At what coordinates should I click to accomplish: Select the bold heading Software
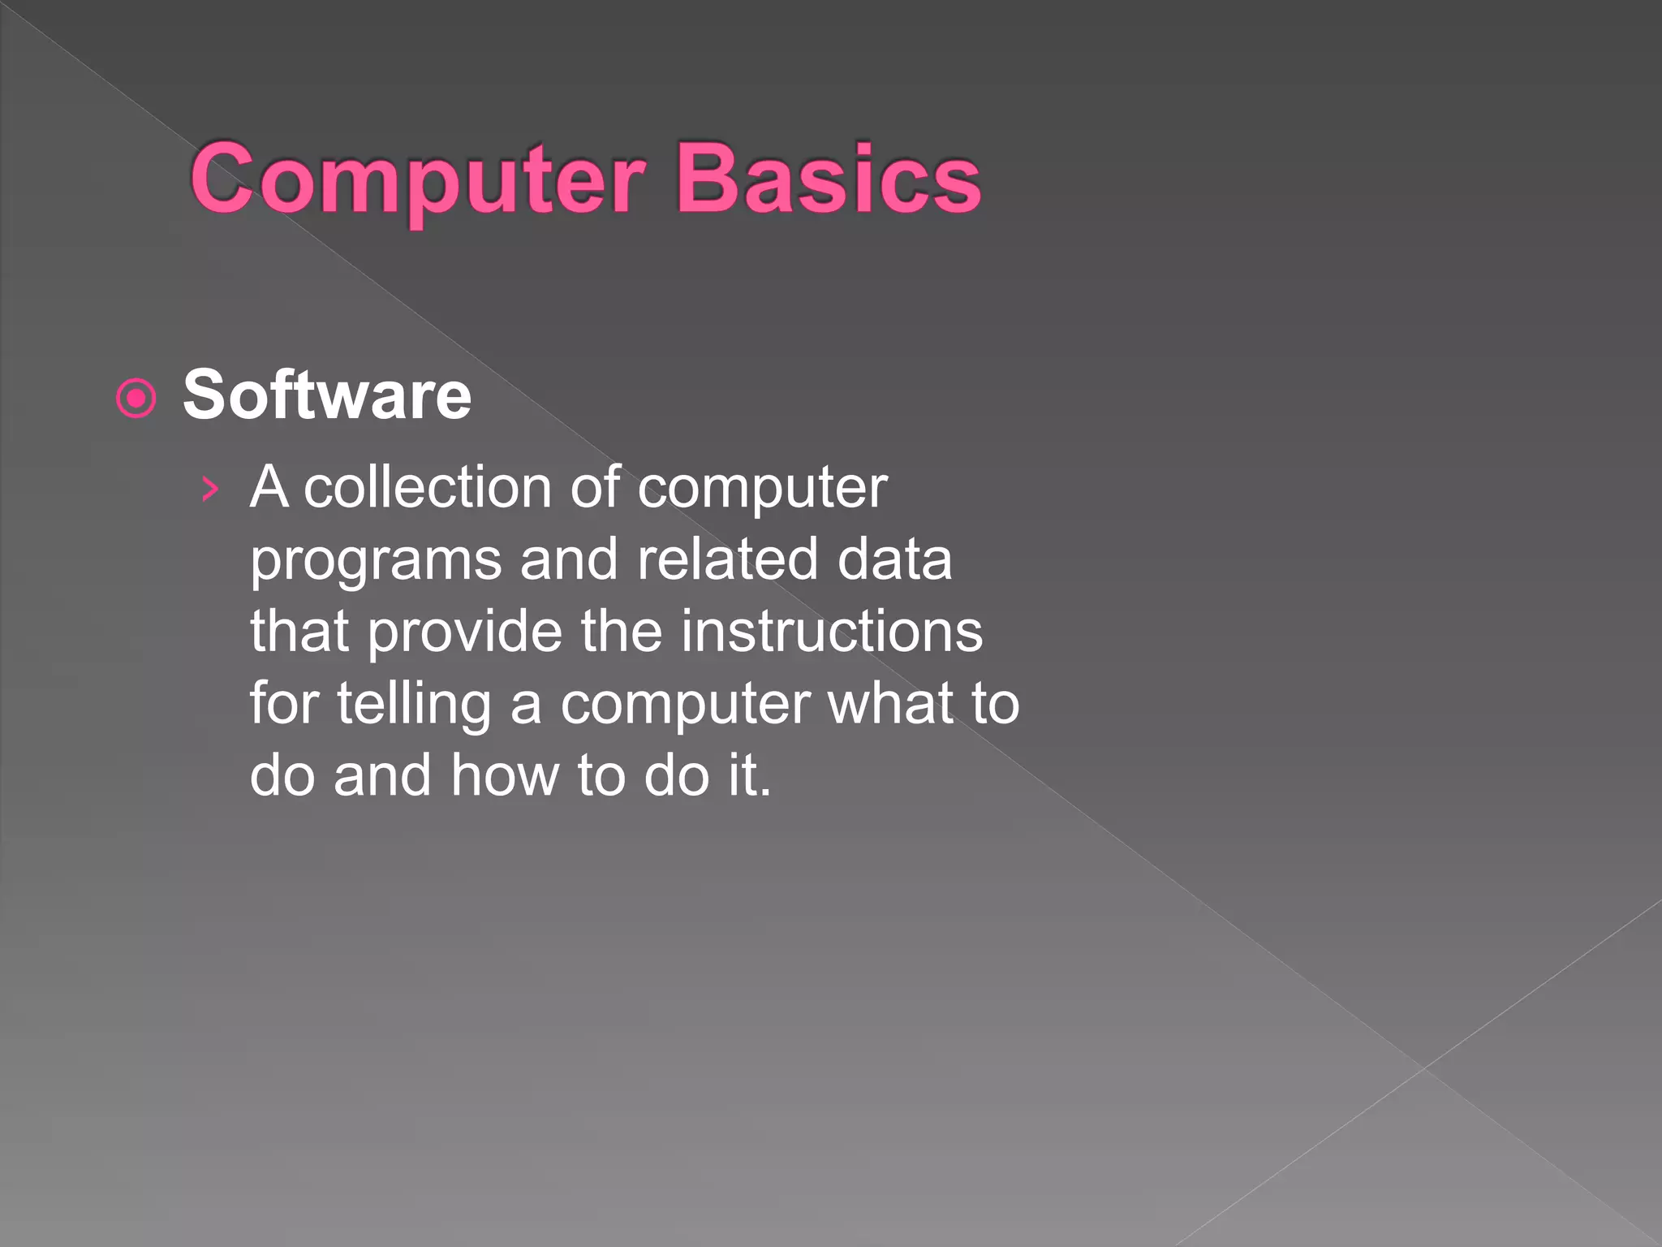[326, 395]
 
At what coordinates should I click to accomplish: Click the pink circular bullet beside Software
[136, 398]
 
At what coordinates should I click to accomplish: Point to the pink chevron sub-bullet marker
[210, 489]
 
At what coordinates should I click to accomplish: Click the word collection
[428, 488]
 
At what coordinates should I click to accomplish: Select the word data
[894, 559]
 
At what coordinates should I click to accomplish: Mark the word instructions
[831, 632]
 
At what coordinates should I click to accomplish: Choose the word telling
[414, 705]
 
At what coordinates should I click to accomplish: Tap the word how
[505, 775]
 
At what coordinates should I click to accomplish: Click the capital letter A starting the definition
[269, 488]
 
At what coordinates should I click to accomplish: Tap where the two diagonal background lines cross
[1424, 1068]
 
